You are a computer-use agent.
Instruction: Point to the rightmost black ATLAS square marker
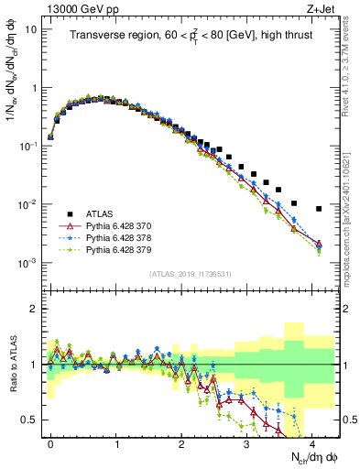point(318,209)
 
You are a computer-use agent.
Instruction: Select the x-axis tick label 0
point(50,442)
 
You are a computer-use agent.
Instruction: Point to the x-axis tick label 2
point(181,442)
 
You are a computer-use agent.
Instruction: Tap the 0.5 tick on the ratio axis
point(32,420)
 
